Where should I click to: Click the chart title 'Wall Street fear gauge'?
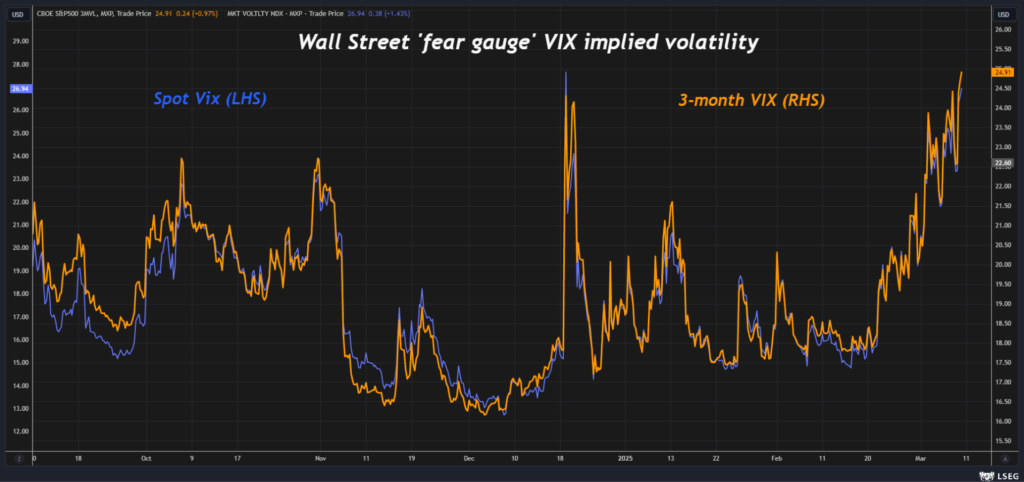[528, 42]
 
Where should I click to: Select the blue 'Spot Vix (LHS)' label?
[210, 98]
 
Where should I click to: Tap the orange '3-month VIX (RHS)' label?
[751, 100]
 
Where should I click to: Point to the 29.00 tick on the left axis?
[20, 41]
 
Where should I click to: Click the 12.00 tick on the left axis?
[20, 431]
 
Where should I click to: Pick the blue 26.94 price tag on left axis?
[20, 89]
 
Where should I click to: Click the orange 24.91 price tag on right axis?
[1003, 72]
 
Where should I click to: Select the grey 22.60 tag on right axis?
[1003, 163]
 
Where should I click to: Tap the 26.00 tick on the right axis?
[1003, 29]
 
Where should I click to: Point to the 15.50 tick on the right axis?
[1003, 441]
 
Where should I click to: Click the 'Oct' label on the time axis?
[146, 458]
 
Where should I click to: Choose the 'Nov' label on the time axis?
[321, 458]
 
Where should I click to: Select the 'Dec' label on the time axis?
[469, 458]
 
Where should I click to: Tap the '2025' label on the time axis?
[625, 458]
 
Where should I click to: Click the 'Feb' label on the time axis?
[777, 458]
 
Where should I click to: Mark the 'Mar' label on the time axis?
[920, 458]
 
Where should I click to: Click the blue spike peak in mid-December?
[565, 73]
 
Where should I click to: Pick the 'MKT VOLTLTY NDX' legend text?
[255, 13]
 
